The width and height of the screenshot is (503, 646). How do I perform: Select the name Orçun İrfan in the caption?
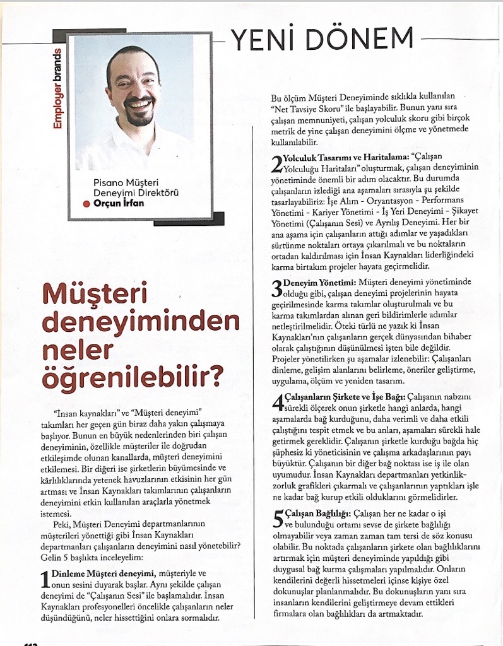coord(119,204)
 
